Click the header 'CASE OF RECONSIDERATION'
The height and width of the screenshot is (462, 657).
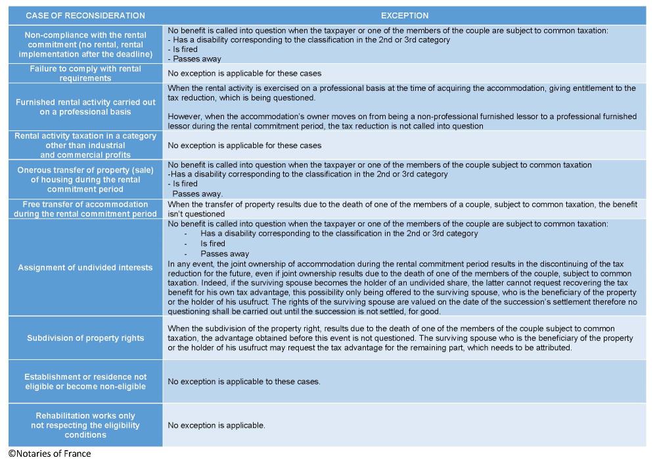tap(85, 15)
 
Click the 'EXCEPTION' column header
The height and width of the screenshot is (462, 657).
tap(404, 15)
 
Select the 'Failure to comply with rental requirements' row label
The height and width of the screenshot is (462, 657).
tap(85, 73)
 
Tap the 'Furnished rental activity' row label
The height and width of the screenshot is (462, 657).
tap(85, 107)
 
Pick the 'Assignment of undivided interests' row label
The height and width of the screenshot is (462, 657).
tap(85, 268)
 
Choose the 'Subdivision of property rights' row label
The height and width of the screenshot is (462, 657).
tap(85, 338)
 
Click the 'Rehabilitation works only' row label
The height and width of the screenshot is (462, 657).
tap(85, 425)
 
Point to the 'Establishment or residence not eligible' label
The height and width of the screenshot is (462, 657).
tap(85, 382)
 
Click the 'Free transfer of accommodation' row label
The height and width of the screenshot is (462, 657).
tap(85, 209)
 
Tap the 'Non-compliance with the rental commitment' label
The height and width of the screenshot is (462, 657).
tap(85, 44)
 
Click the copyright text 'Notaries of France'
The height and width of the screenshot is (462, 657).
tap(50, 453)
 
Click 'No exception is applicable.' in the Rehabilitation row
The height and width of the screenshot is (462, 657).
tap(216, 425)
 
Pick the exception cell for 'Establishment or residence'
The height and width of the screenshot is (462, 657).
tap(244, 382)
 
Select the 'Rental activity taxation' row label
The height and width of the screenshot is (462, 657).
tap(85, 145)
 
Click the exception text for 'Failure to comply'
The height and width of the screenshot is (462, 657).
tap(244, 73)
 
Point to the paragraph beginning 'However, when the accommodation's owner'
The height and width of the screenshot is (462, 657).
tap(401, 121)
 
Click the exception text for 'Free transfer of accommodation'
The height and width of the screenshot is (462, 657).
tap(401, 209)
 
